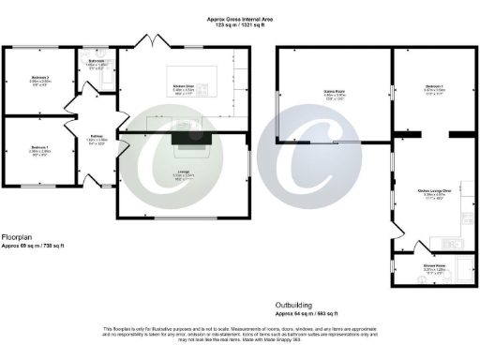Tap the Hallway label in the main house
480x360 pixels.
[x=96, y=136]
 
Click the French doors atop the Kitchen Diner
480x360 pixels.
[x=150, y=40]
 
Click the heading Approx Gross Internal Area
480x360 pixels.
[x=240, y=18]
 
